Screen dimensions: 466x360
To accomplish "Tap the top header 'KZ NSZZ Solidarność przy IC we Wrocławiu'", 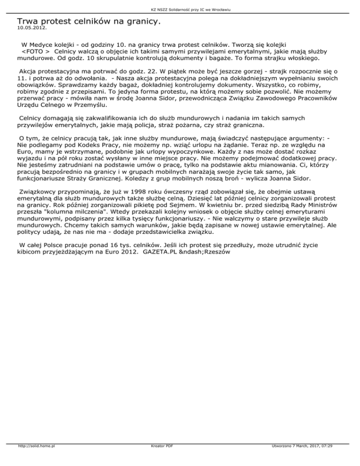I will coord(180,9).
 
